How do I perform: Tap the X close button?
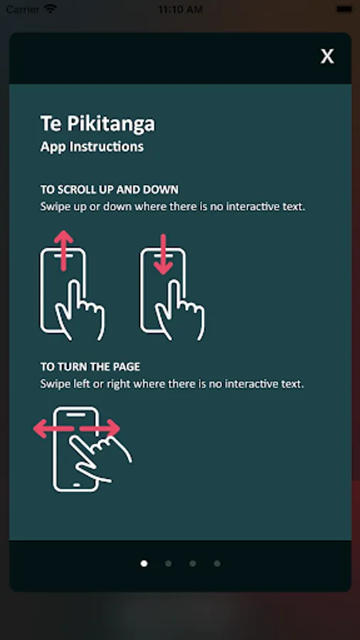coord(327,56)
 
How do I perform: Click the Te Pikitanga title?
coord(97,124)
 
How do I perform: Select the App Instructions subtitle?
coord(92,146)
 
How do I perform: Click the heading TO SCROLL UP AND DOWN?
coord(110,189)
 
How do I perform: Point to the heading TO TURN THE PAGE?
coord(90,366)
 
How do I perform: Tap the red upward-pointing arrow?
coord(63,250)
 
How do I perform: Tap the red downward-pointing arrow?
coord(163,254)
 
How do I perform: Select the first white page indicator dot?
coord(144,563)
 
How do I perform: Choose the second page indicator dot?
coord(168,563)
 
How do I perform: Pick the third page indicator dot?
coord(193,563)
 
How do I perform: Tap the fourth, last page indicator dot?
coord(217,563)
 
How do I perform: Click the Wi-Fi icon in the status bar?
coord(51,9)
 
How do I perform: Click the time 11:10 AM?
coord(181,9)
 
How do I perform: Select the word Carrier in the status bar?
coord(23,9)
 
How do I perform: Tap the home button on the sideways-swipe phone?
coord(76,485)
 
